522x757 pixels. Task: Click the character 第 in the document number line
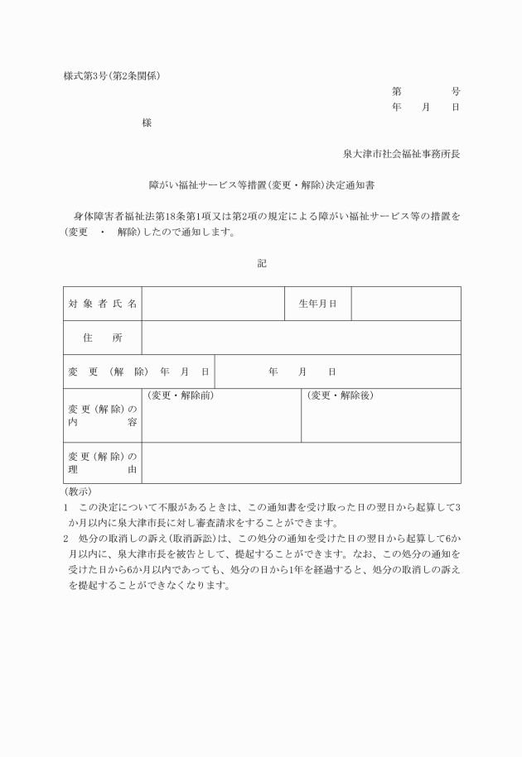[397, 92]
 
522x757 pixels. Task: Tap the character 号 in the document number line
[456, 92]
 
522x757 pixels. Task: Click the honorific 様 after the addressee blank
[147, 123]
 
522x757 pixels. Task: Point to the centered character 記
[262, 263]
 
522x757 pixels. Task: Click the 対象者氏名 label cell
[103, 304]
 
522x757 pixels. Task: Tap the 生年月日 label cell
[317, 304]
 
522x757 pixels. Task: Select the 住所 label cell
[103, 338]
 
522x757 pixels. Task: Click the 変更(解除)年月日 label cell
[138, 371]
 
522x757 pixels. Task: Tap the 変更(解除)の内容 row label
[103, 415]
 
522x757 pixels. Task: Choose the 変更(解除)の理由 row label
[103, 462]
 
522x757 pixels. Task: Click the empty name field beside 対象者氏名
[213, 304]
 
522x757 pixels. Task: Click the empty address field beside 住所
[301, 338]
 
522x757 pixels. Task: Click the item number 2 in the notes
[66, 538]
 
